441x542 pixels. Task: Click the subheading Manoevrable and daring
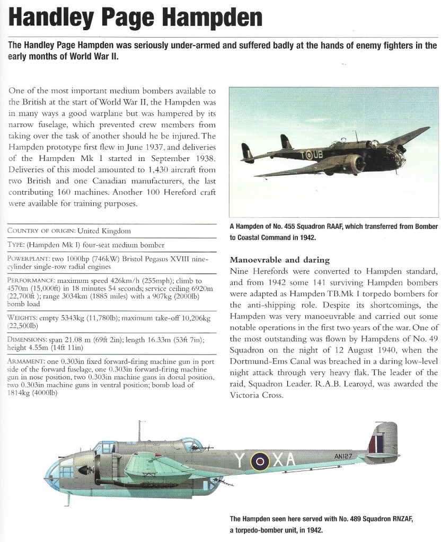pos(280,260)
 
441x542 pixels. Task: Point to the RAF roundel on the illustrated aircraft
pos(260,461)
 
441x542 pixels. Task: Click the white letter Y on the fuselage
pos(241,461)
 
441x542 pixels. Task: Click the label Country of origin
pos(41,231)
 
